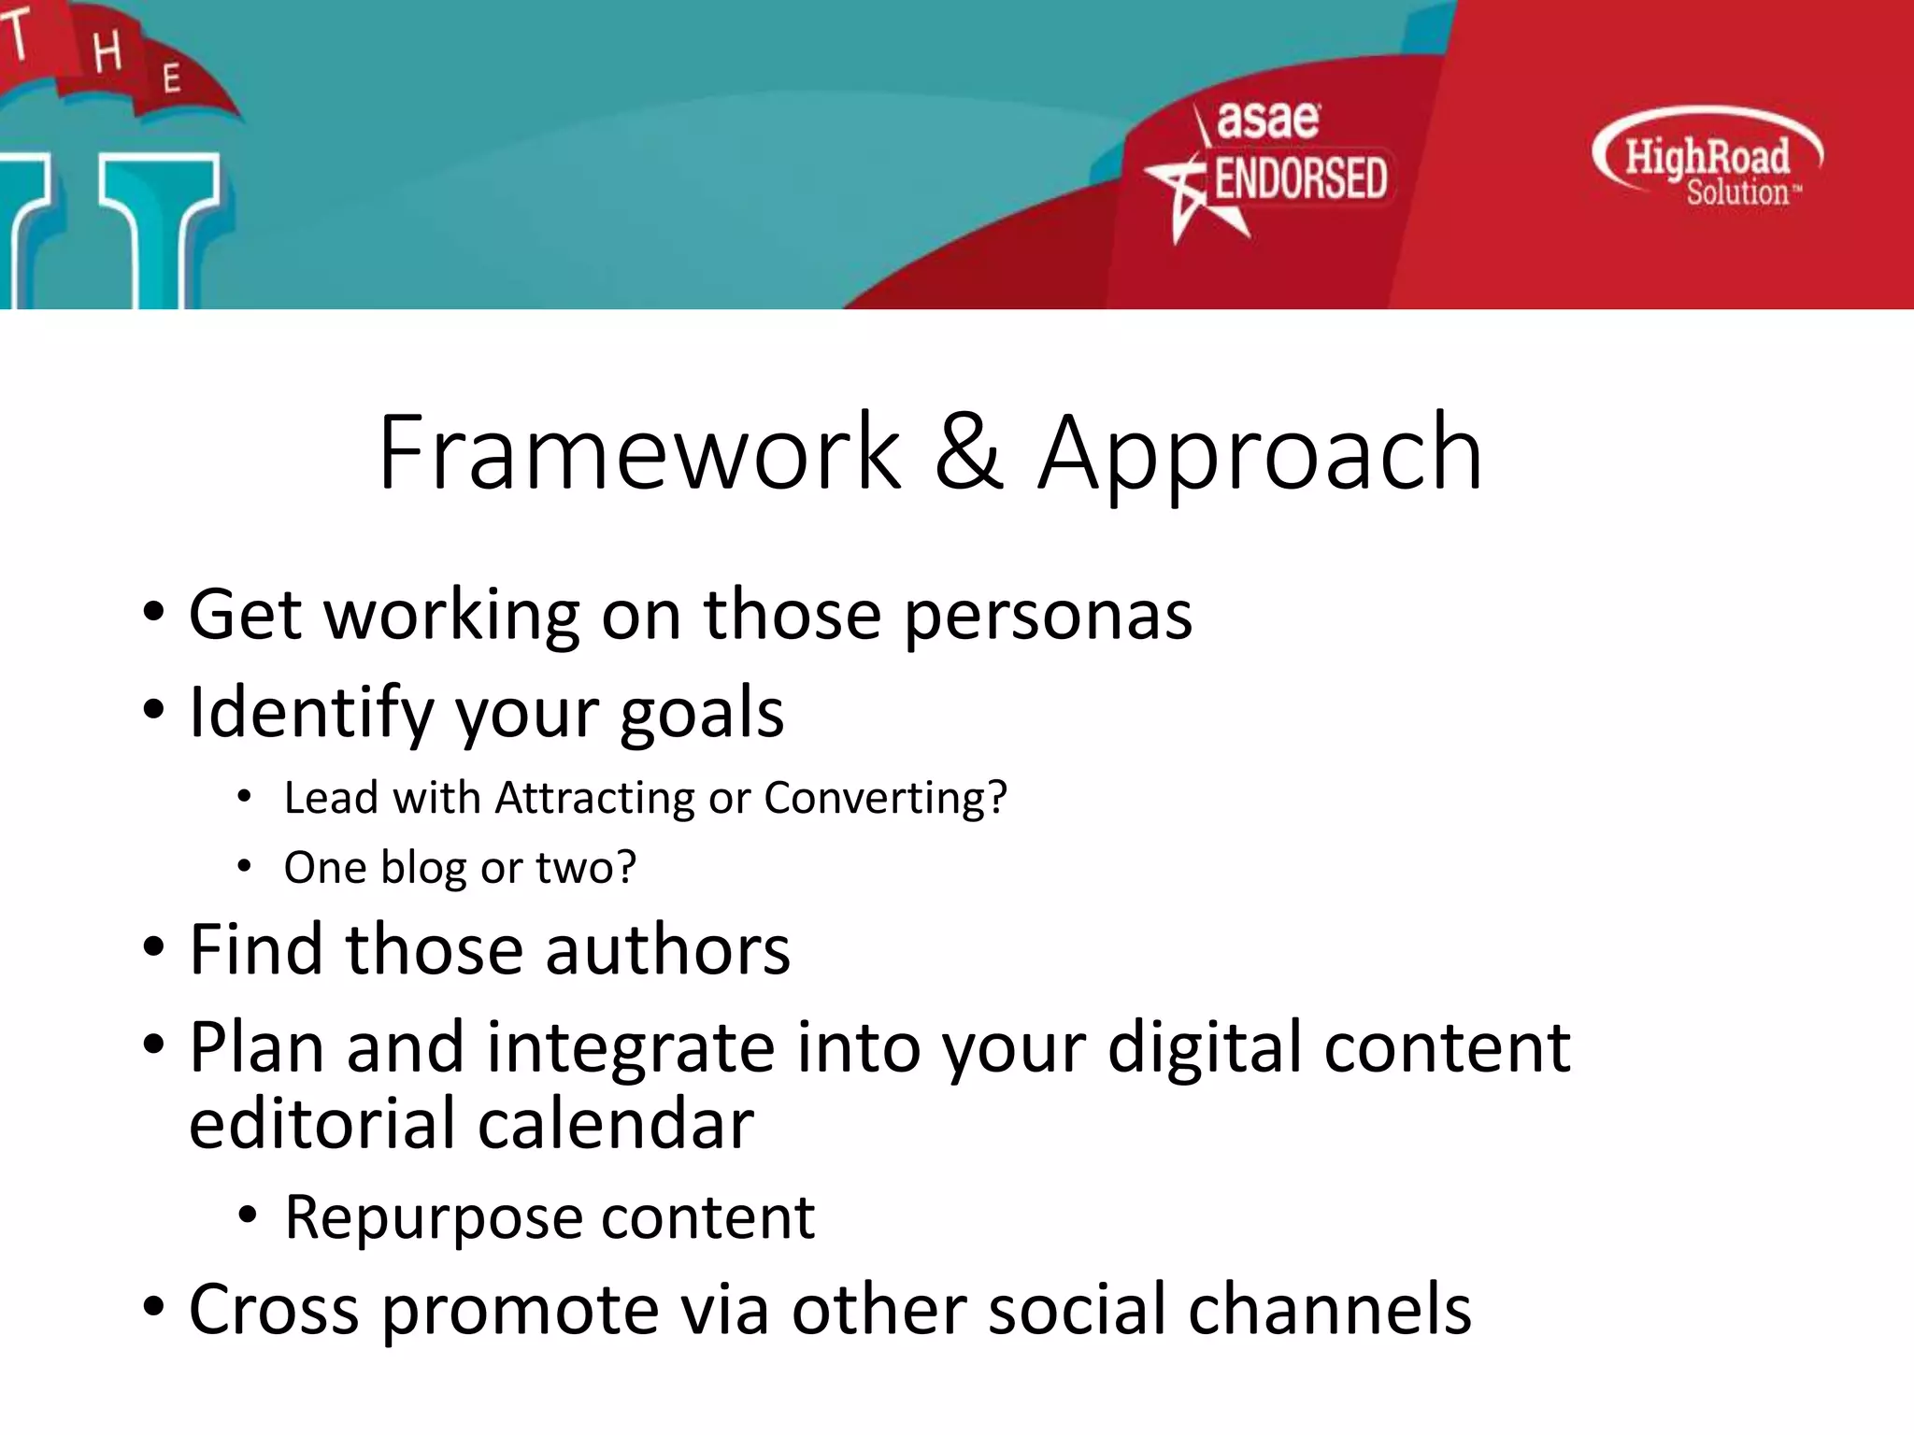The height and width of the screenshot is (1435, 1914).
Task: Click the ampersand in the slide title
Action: click(969, 453)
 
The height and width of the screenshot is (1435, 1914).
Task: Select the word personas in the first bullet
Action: click(1048, 617)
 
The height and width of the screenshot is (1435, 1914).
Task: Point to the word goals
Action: click(702, 715)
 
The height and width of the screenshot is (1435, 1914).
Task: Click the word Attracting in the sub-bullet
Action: click(593, 799)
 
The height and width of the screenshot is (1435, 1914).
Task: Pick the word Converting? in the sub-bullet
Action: click(885, 799)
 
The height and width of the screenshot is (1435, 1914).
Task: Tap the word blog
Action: click(424, 869)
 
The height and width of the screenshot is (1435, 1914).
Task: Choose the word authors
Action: click(667, 950)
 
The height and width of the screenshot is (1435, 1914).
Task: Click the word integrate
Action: click(631, 1048)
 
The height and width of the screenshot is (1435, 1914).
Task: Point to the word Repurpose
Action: click(433, 1218)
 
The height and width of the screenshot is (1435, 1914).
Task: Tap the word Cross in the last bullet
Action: click(274, 1310)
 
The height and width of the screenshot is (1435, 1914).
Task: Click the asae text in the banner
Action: click(1267, 121)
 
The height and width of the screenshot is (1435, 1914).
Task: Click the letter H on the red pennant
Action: click(107, 51)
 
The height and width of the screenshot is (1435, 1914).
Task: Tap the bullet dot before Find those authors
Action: click(154, 948)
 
